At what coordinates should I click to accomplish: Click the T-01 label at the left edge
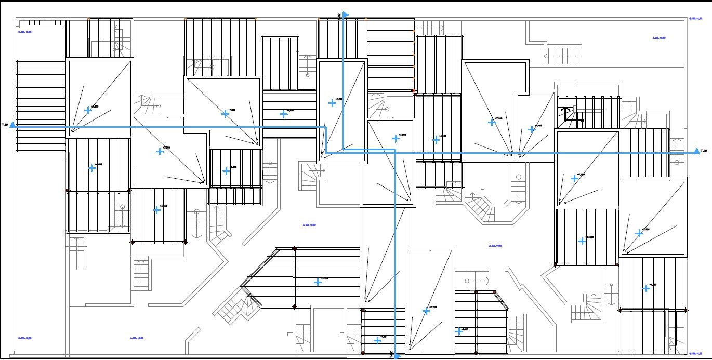tap(5, 125)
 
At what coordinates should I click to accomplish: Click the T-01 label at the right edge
tap(704, 151)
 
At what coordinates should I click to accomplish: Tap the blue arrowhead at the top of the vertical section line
tap(346, 15)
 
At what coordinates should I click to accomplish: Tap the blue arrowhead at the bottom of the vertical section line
tap(397, 356)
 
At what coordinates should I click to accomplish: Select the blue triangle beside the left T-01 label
tap(12, 125)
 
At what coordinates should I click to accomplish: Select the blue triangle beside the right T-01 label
tap(696, 151)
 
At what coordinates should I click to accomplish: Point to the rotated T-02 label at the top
tap(339, 16)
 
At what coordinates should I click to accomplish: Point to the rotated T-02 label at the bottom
tap(391, 354)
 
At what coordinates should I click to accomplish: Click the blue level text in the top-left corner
tap(25, 32)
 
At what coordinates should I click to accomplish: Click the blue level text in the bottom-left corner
tap(25, 338)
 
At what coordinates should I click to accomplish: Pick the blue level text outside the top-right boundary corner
tap(695, 19)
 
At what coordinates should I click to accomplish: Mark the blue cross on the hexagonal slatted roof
tap(318, 282)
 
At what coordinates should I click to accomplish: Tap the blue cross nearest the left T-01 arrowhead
tap(88, 110)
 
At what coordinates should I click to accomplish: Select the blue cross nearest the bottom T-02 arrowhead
tap(378, 341)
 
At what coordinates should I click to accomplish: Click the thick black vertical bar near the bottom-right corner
tap(676, 325)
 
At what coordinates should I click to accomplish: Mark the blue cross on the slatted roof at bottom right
tap(646, 288)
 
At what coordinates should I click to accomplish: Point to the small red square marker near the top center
tap(414, 91)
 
